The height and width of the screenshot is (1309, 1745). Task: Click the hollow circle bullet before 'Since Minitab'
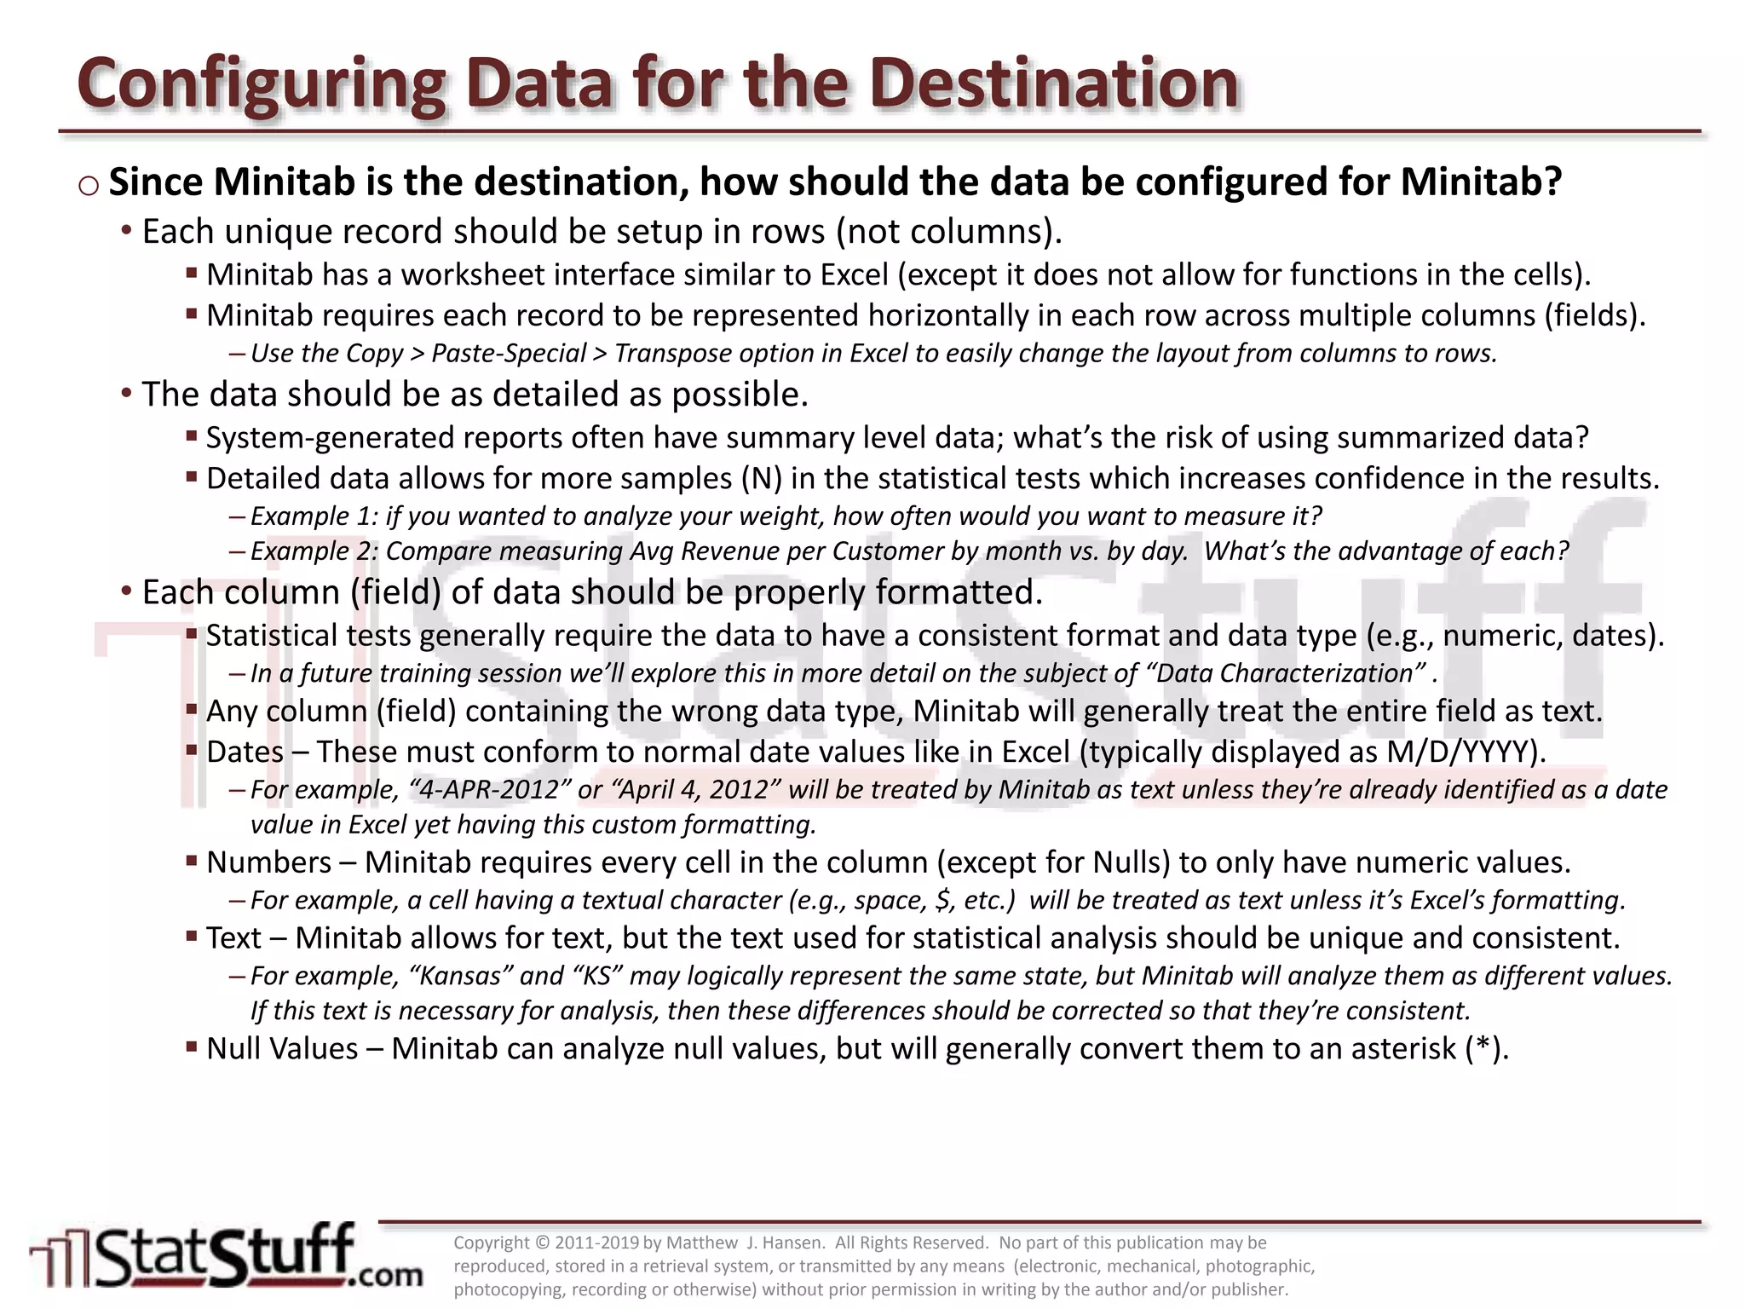click(x=89, y=186)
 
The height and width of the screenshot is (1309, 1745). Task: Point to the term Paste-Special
click(x=509, y=354)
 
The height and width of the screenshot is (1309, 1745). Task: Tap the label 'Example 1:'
click(x=314, y=516)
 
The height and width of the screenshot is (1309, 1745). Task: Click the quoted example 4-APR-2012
click(x=489, y=790)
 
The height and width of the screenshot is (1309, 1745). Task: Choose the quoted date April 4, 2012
click(x=695, y=790)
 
